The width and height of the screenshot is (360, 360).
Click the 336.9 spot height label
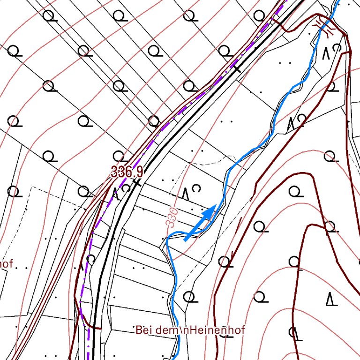127,172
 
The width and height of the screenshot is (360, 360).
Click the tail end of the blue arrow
186,240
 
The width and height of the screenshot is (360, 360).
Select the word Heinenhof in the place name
219,330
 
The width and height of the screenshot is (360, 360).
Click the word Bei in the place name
144,330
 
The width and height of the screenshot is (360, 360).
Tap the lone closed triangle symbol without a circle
331,299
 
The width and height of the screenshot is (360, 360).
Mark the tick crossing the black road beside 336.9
137,180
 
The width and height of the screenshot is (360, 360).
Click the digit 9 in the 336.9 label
139,172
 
